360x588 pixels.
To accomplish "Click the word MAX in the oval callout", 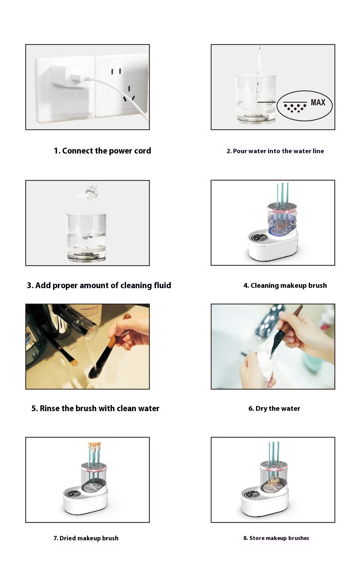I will [318, 103].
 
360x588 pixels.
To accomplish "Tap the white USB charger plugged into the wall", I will [69, 76].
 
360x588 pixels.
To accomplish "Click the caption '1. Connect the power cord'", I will [102, 151].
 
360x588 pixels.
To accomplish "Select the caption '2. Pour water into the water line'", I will [275, 151].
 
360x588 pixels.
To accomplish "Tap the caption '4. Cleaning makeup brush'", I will [285, 285].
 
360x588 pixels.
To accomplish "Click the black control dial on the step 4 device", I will [259, 238].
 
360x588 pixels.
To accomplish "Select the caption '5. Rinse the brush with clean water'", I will [95, 408].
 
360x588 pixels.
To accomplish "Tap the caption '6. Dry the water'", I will [274, 408].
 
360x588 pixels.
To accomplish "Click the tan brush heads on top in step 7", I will [94, 445].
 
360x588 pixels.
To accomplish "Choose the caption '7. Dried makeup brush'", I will [86, 538].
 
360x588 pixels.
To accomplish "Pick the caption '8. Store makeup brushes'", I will [276, 538].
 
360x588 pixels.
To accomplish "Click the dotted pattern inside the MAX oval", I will [295, 108].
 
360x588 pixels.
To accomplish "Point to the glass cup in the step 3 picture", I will [86, 237].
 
